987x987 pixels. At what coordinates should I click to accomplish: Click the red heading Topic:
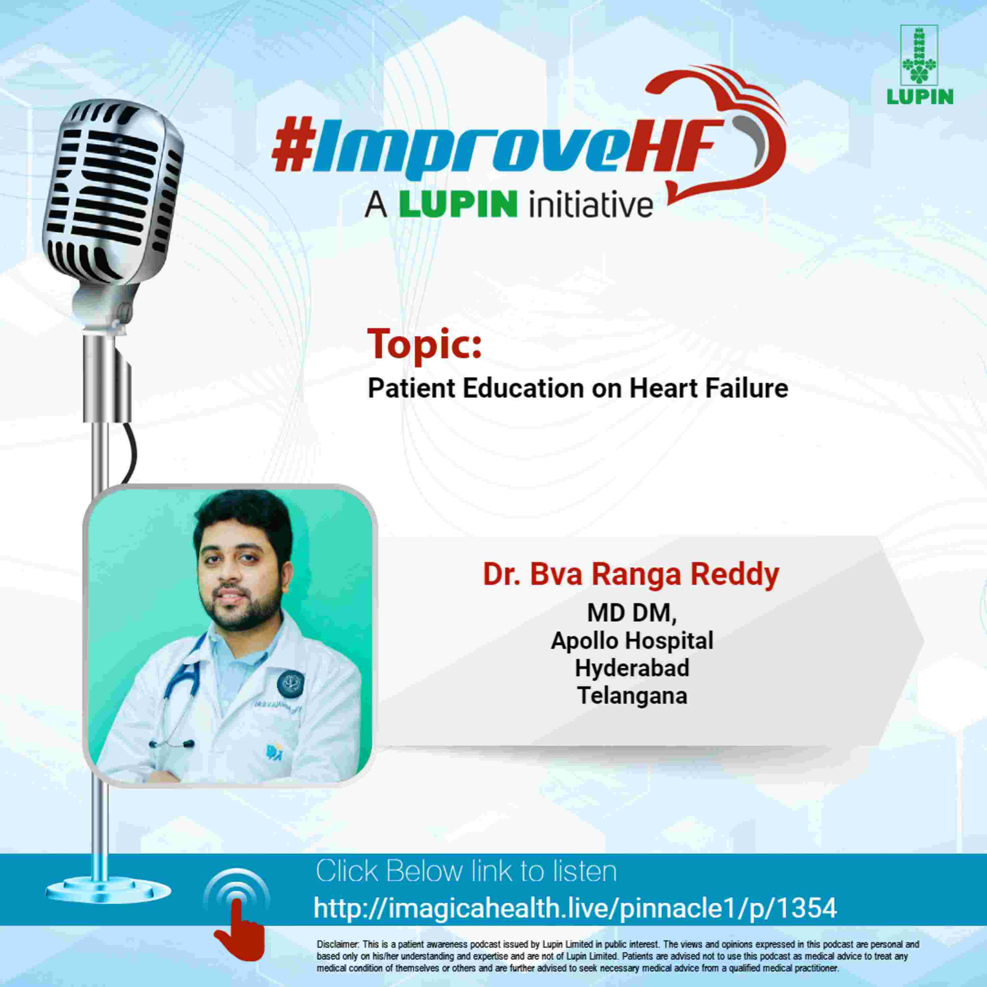[424, 344]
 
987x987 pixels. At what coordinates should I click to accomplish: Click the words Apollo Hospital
[632, 641]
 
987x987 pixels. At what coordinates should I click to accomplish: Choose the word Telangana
[632, 695]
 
